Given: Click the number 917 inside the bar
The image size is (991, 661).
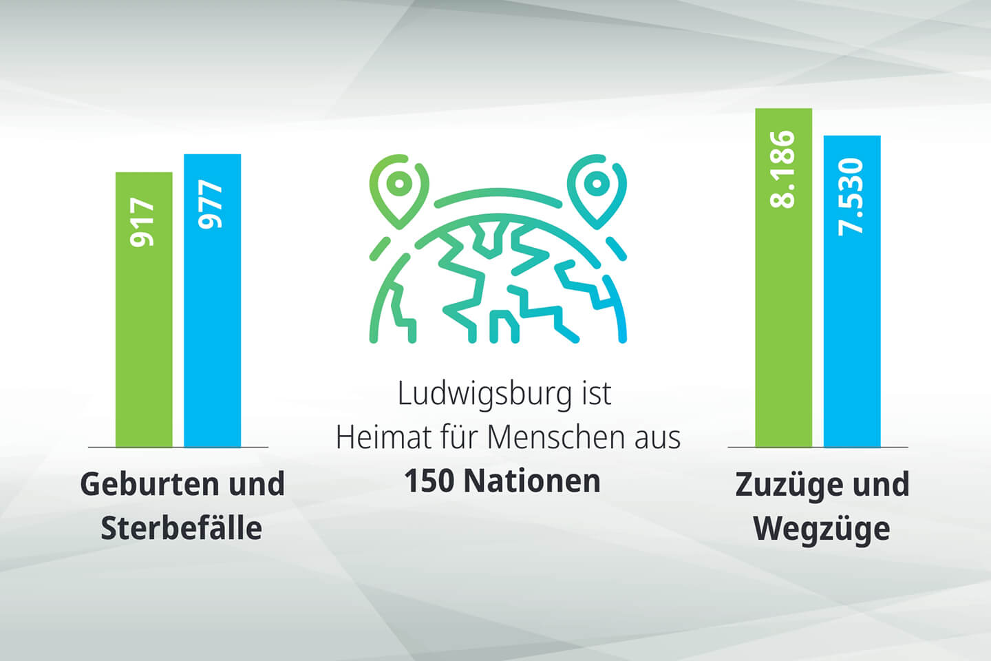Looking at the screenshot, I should pyautogui.click(x=143, y=222).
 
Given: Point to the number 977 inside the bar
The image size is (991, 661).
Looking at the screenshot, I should pyautogui.click(x=211, y=204).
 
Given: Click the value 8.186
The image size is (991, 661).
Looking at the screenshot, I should pyautogui.click(x=783, y=169).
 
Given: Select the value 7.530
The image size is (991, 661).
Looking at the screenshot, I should pyautogui.click(x=851, y=197).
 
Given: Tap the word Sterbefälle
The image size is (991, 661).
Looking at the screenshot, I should pyautogui.click(x=182, y=528).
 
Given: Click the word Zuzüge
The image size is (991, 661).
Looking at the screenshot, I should pyautogui.click(x=788, y=485).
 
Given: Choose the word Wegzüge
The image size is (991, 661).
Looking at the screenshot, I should pyautogui.click(x=822, y=529).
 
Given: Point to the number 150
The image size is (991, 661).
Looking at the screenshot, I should pyautogui.click(x=429, y=481).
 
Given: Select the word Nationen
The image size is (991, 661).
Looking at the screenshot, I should pyautogui.click(x=532, y=481).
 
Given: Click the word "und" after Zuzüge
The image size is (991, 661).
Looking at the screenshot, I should pyautogui.click(x=881, y=484).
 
